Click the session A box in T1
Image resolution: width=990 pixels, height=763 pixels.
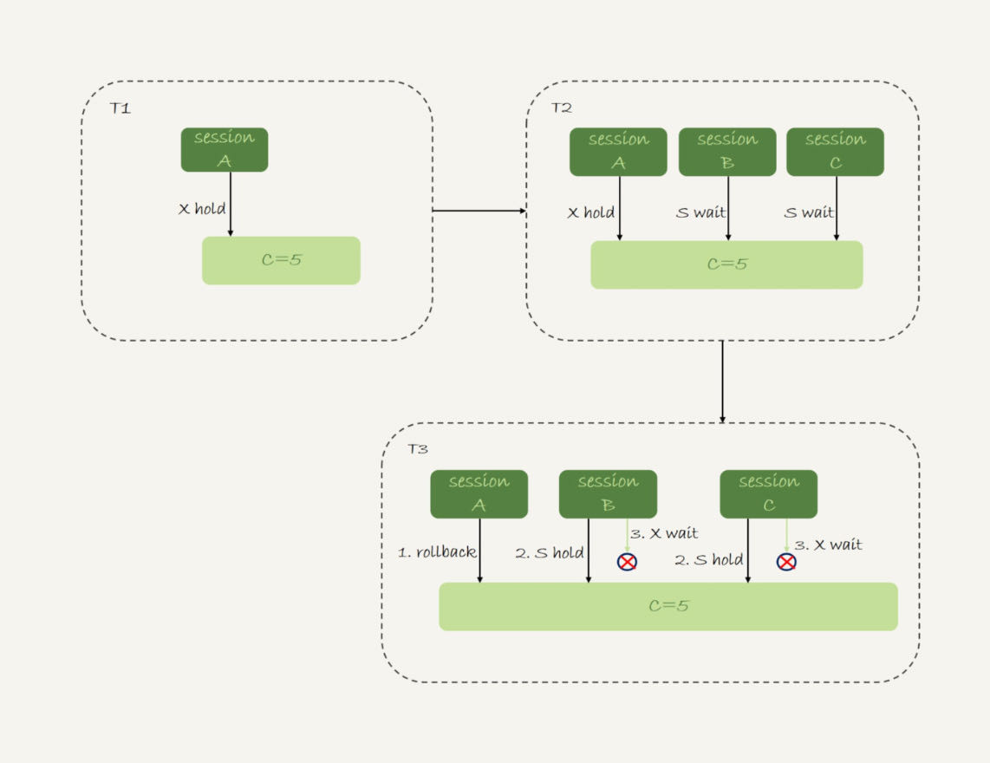tap(225, 149)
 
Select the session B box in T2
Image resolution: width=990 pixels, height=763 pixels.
tap(727, 152)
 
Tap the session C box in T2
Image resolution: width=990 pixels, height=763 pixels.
tap(835, 152)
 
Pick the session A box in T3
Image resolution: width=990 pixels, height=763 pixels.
tap(479, 493)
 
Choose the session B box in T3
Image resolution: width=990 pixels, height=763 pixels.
tap(608, 493)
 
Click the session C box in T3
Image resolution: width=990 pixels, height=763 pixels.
tap(768, 493)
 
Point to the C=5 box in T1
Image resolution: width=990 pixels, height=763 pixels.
tap(281, 260)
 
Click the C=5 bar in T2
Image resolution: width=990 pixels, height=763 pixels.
tap(726, 264)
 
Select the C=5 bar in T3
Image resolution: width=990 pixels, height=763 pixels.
tap(668, 606)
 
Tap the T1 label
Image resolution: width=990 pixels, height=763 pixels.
tap(120, 108)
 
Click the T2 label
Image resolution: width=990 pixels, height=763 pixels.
tap(561, 108)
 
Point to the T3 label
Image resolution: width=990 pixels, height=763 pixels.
tap(418, 449)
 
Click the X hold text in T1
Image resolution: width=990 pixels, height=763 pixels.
tap(201, 208)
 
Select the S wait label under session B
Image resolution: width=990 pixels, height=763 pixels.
tap(700, 212)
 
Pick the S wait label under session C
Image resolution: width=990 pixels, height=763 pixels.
tap(808, 212)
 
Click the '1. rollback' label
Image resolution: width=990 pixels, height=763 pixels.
tap(437, 552)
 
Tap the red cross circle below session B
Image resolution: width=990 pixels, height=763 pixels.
tap(627, 562)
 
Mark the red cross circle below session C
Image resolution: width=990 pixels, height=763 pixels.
tap(786, 562)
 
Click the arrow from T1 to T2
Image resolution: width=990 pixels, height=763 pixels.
tap(479, 210)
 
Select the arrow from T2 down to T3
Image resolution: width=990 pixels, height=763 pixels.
tap(722, 381)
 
